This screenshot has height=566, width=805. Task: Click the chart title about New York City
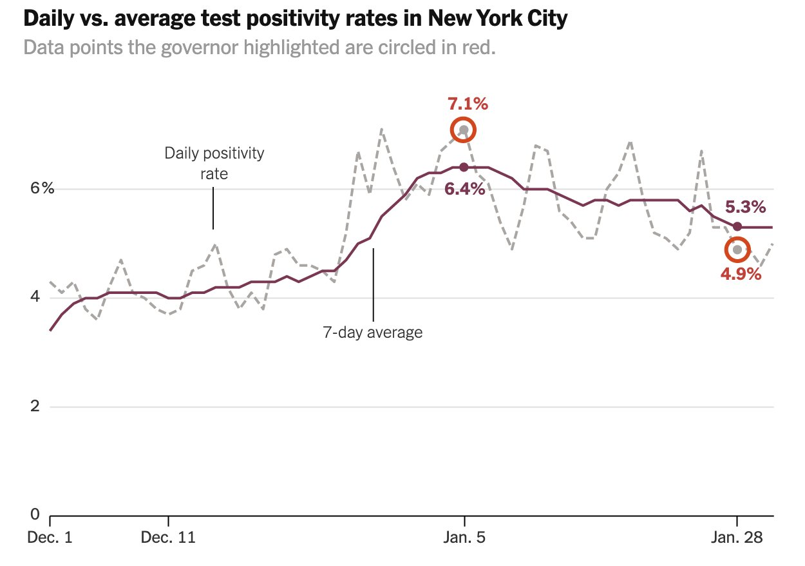pos(296,19)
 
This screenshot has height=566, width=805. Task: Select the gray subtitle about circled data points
pos(259,48)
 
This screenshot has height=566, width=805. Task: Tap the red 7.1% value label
pos(468,104)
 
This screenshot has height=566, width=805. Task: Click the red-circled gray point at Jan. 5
pos(464,130)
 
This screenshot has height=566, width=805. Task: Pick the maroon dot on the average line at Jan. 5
pos(464,168)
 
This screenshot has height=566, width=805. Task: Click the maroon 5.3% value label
pos(745,207)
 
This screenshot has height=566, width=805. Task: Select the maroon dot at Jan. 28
pos(737,226)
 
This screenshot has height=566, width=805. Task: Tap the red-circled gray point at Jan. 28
pos(737,249)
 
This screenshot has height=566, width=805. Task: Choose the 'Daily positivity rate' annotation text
pos(214,163)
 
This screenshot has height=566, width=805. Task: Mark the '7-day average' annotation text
pos(373,333)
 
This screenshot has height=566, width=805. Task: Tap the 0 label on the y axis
pos(36,514)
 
